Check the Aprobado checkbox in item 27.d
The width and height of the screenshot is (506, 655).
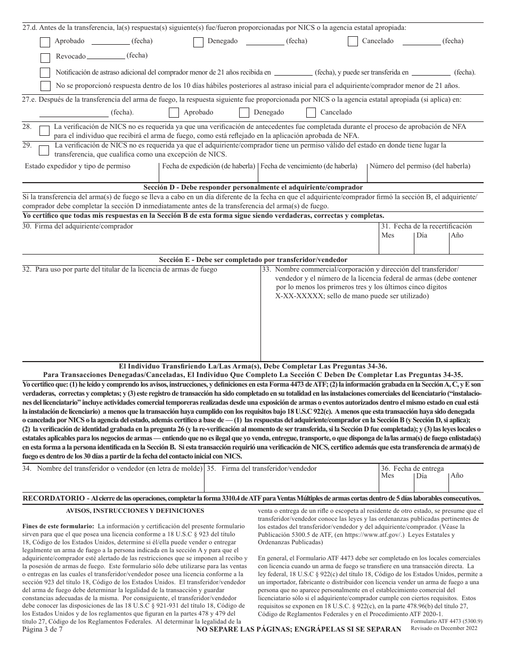pyautogui.click(x=45, y=42)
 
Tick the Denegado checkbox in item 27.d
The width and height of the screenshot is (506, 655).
pyautogui.click(x=198, y=42)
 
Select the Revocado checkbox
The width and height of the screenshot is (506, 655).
pyautogui.click(x=45, y=57)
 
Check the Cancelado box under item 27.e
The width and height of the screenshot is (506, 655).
pyautogui.click(x=311, y=112)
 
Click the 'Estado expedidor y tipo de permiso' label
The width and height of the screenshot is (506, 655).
pyautogui.click(x=78, y=166)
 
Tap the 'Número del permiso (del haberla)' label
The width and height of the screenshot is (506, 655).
pyautogui.click(x=420, y=166)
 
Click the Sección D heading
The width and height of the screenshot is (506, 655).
pyautogui.click(x=253, y=187)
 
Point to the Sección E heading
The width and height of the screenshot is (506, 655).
pyautogui.click(x=253, y=260)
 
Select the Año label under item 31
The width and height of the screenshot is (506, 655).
pyautogui.click(x=457, y=235)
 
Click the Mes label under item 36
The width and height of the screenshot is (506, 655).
pyautogui.click(x=388, y=476)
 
